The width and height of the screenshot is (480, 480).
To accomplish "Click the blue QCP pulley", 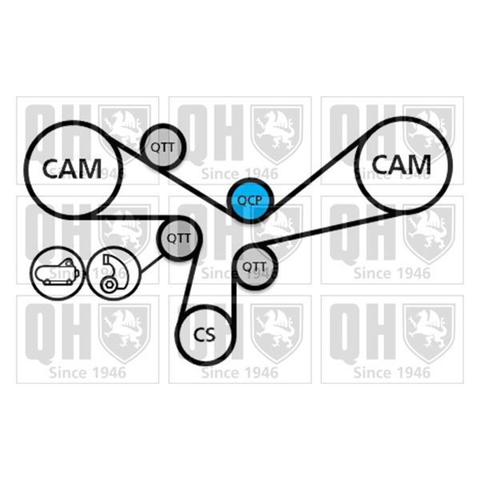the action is click(250, 200).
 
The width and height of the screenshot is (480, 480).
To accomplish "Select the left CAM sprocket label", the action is click(72, 169).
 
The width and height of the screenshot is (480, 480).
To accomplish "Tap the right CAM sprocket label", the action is click(402, 164).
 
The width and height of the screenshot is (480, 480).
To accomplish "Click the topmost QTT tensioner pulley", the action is click(162, 146).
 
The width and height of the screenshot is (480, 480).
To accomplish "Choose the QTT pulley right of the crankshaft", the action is click(255, 267).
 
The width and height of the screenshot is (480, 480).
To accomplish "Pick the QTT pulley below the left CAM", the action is click(179, 238).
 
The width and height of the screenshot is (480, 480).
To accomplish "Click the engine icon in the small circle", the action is click(58, 273).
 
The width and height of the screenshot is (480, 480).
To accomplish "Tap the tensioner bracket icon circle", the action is click(114, 273).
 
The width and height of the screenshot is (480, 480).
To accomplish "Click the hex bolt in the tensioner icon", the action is click(109, 286).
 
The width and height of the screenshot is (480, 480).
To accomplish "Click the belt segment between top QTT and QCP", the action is click(196, 188).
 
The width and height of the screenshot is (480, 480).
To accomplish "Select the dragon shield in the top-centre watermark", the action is click(277, 134).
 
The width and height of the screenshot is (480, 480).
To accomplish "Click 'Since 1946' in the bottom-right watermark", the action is click(392, 373).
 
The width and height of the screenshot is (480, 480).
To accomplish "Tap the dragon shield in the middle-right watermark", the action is click(429, 234).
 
